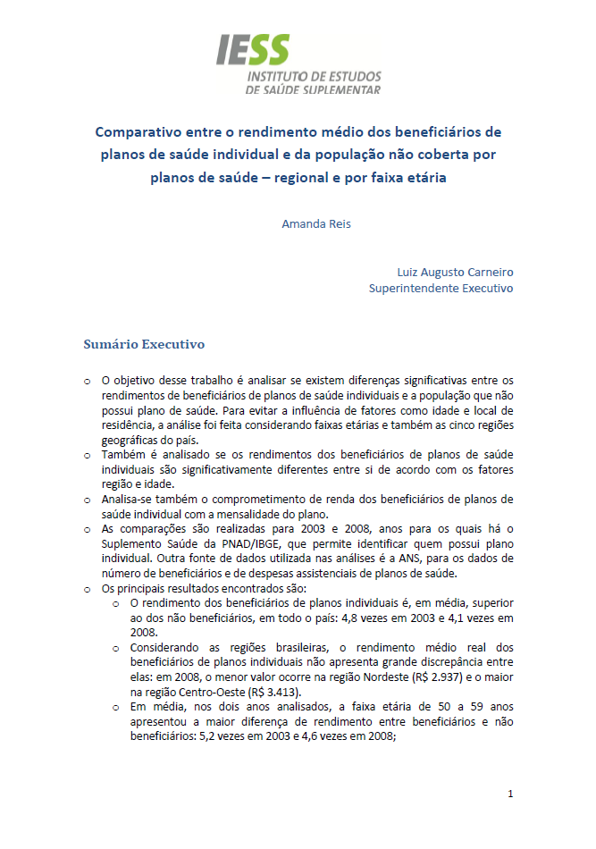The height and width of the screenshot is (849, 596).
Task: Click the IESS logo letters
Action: [253, 50]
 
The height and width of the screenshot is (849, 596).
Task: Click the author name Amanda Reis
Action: [316, 223]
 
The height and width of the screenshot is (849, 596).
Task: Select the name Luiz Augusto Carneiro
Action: [456, 272]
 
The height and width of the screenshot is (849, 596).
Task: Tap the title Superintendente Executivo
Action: [441, 289]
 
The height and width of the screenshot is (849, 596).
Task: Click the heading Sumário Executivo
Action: [144, 343]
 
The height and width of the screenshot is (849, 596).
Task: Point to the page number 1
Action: [510, 794]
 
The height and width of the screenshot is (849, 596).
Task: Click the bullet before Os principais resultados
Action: [87, 589]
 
